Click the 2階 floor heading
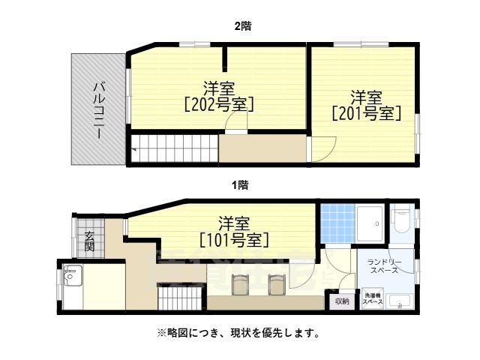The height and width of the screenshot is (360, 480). click(x=241, y=25)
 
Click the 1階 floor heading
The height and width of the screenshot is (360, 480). click(x=240, y=184)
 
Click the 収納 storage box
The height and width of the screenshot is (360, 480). click(x=341, y=301)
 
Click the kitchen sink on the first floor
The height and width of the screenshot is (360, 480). click(x=72, y=277)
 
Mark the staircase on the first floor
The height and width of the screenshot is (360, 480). click(x=180, y=301)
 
